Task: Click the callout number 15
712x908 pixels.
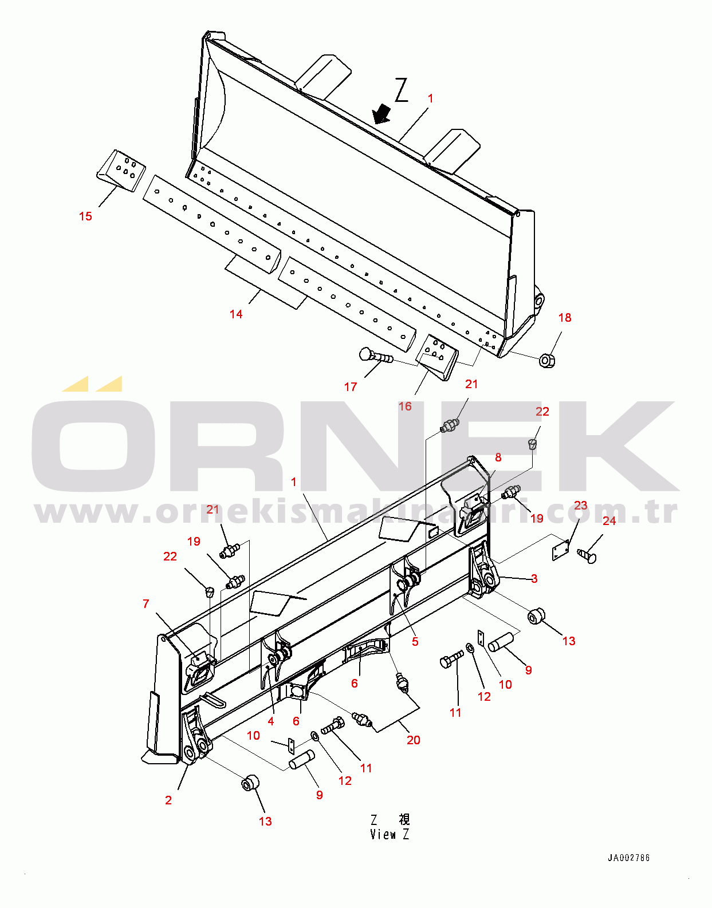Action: pyautogui.click(x=86, y=216)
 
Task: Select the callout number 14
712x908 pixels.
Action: pyautogui.click(x=236, y=314)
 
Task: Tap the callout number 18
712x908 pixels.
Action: pyautogui.click(x=565, y=318)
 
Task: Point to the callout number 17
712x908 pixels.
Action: pyautogui.click(x=351, y=387)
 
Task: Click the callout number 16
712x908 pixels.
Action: pyautogui.click(x=405, y=406)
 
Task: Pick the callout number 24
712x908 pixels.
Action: pyautogui.click(x=609, y=520)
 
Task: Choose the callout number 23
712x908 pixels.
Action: pyautogui.click(x=581, y=506)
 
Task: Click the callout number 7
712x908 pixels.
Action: pyautogui.click(x=146, y=603)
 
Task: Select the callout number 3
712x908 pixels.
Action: pyautogui.click(x=534, y=579)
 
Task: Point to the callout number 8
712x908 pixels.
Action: pyautogui.click(x=498, y=457)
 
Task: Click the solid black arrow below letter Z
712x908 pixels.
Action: pyautogui.click(x=382, y=114)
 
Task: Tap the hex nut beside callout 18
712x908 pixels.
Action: pyautogui.click(x=547, y=361)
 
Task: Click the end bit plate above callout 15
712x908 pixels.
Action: pyautogui.click(x=121, y=171)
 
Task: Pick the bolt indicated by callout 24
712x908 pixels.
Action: pyautogui.click(x=587, y=556)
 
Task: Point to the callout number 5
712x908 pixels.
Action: pyautogui.click(x=415, y=641)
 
